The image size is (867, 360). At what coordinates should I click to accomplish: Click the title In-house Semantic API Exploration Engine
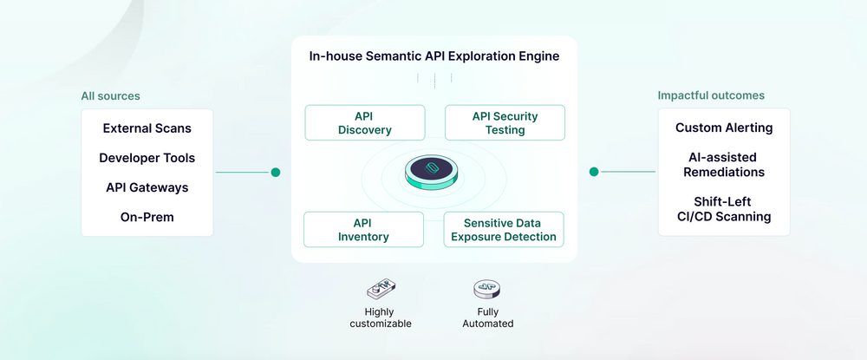(433, 56)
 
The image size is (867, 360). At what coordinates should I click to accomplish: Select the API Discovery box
(365, 123)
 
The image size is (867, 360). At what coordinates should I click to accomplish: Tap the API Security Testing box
(505, 123)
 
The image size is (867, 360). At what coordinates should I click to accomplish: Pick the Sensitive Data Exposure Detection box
(504, 230)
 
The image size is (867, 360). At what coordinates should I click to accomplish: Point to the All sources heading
(110, 96)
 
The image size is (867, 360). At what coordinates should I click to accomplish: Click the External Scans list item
(147, 128)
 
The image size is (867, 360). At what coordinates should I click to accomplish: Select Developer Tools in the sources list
(147, 158)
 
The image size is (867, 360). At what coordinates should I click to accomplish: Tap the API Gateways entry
(147, 187)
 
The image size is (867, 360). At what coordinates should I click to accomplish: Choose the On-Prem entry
(147, 217)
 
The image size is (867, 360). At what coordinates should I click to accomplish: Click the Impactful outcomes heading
(711, 95)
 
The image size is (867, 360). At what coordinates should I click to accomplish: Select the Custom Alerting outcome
(724, 128)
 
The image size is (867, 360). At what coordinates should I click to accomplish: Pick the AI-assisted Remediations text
(724, 165)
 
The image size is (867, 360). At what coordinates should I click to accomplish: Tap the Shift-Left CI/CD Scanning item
(724, 209)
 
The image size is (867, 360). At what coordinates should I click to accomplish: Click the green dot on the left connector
(276, 173)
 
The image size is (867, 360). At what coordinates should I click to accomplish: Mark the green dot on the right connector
(594, 172)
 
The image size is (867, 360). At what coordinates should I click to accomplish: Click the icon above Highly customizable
(381, 290)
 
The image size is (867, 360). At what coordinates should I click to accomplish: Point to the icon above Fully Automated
(486, 290)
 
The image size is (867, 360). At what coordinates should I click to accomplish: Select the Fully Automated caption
(488, 317)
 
